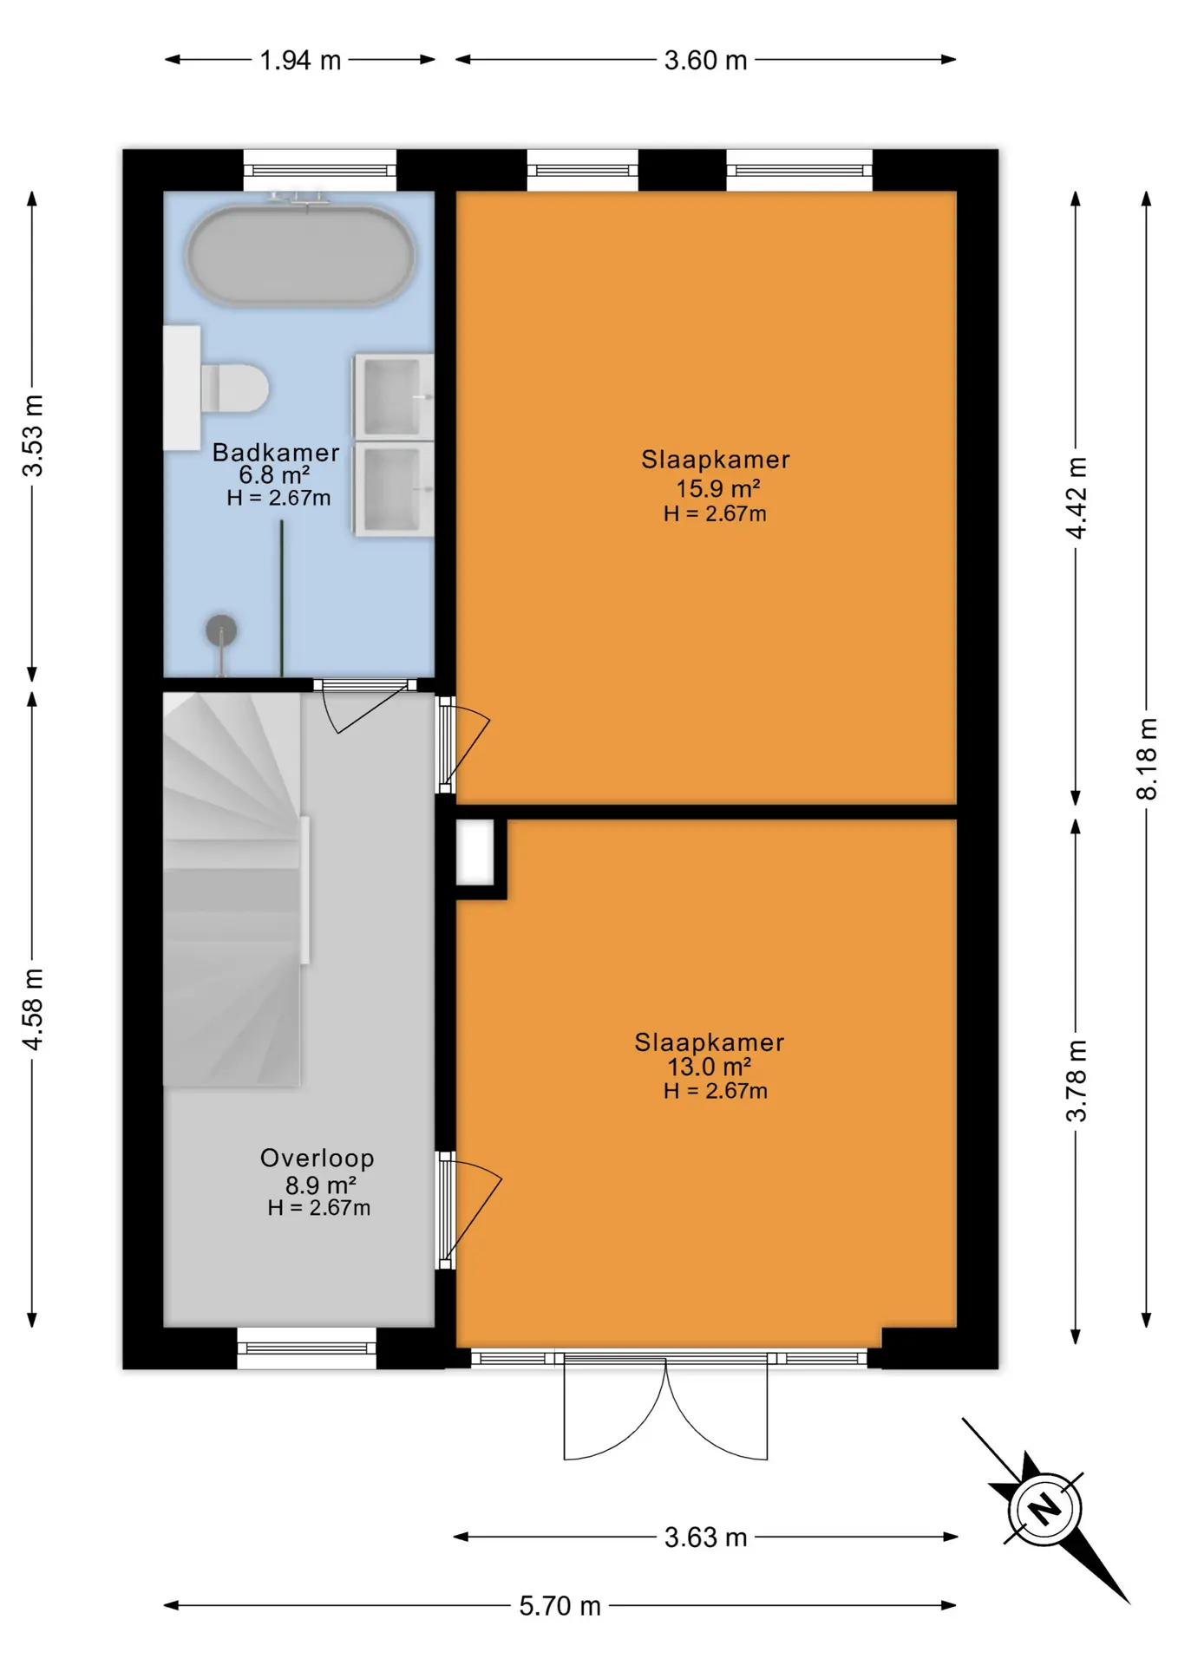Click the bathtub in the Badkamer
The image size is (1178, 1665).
(x=300, y=255)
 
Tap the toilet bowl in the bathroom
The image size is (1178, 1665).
(x=235, y=388)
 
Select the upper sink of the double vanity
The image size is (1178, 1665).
(x=393, y=396)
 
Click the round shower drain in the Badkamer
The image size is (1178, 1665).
(x=221, y=630)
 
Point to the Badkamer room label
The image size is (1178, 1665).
(x=276, y=452)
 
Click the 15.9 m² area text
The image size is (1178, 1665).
(x=718, y=488)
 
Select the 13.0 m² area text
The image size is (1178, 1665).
(x=709, y=1067)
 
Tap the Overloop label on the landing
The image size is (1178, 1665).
(x=317, y=1158)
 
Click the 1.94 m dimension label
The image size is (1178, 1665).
(x=300, y=60)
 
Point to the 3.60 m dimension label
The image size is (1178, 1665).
(x=705, y=60)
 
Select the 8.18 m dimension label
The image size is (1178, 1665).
(x=1147, y=759)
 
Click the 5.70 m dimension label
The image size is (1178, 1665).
(x=560, y=1606)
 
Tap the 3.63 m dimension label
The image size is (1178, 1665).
(x=705, y=1538)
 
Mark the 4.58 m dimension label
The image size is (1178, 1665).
(x=32, y=1009)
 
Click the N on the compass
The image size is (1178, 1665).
(x=1044, y=1509)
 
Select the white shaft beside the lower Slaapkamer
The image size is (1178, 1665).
(x=475, y=852)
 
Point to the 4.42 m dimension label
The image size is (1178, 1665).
(x=1076, y=498)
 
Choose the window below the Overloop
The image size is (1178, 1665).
(x=306, y=1348)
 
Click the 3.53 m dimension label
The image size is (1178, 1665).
(x=32, y=435)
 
